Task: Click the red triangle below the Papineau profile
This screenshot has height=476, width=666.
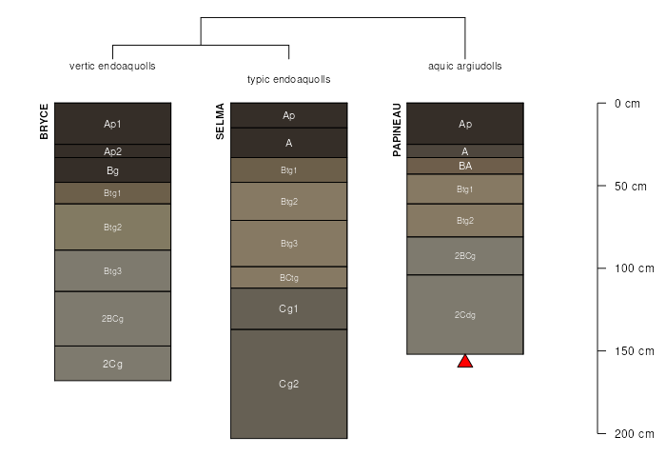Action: (465, 362)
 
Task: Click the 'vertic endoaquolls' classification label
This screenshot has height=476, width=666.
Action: (112, 67)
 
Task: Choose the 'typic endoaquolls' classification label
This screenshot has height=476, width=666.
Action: (288, 80)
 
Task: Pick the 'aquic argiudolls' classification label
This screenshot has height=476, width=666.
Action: (465, 67)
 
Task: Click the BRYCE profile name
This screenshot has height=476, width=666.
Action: (44, 123)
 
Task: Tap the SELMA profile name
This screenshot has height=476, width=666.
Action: (220, 122)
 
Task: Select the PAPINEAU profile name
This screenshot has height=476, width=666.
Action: (397, 130)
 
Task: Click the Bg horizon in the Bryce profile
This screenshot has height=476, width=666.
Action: (112, 170)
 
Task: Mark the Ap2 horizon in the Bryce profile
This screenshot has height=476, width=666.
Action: (112, 151)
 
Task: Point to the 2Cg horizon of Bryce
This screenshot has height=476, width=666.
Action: (112, 364)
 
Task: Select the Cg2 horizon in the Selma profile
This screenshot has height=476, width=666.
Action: (288, 384)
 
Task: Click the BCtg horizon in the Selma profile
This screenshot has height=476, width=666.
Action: (288, 277)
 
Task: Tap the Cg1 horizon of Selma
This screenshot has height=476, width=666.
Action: (288, 308)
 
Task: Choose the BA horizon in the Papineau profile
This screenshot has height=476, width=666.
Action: (465, 166)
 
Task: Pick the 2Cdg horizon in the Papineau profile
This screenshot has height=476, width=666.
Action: (465, 314)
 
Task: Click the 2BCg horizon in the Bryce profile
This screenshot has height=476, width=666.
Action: (112, 318)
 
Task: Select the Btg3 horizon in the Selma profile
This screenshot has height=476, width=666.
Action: (288, 244)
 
